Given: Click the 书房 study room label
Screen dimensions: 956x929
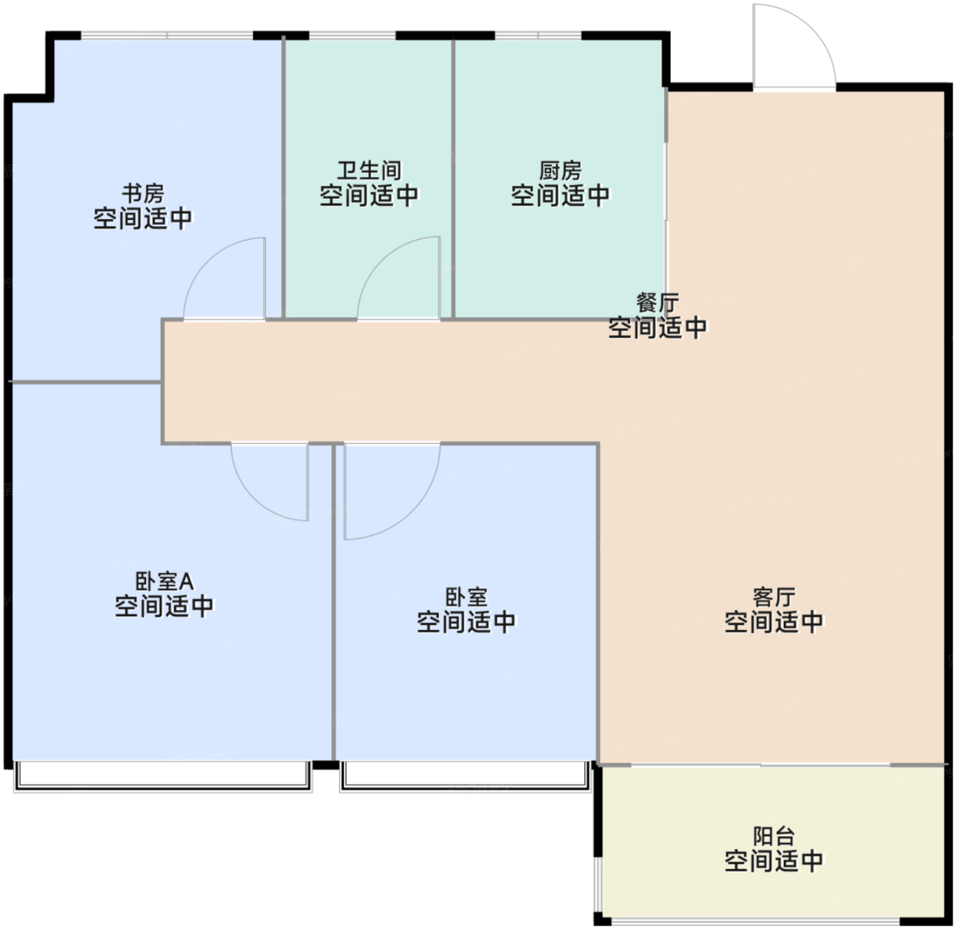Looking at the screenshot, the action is pos(143,193).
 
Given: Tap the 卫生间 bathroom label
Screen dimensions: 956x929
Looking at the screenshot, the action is pos(369,171).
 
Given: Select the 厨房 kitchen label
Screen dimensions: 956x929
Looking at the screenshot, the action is pos(560,171).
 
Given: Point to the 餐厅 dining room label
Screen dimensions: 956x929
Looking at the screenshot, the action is pos(658,303).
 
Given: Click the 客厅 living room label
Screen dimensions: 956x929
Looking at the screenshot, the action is pos(774,597).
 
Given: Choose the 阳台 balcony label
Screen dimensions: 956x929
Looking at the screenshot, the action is pos(774,836).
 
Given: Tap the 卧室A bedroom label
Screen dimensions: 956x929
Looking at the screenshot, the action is pos(165,581).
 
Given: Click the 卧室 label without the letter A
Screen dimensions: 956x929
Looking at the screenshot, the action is pos(466,597).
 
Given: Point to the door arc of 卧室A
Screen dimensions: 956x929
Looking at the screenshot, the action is pos(255,497).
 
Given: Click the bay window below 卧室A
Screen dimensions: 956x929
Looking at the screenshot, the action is pos(163,777).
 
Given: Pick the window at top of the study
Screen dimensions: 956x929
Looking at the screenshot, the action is pos(167,36).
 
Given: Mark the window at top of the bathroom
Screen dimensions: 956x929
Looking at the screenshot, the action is pos(352,36).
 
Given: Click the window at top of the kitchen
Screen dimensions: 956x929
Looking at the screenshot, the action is pos(538,36).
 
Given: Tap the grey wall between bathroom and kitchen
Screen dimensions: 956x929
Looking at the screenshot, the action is pos(453,180).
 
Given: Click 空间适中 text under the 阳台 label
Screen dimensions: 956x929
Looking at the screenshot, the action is pos(774,861).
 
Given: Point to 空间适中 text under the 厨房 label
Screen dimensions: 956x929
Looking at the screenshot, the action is pos(560,195).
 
